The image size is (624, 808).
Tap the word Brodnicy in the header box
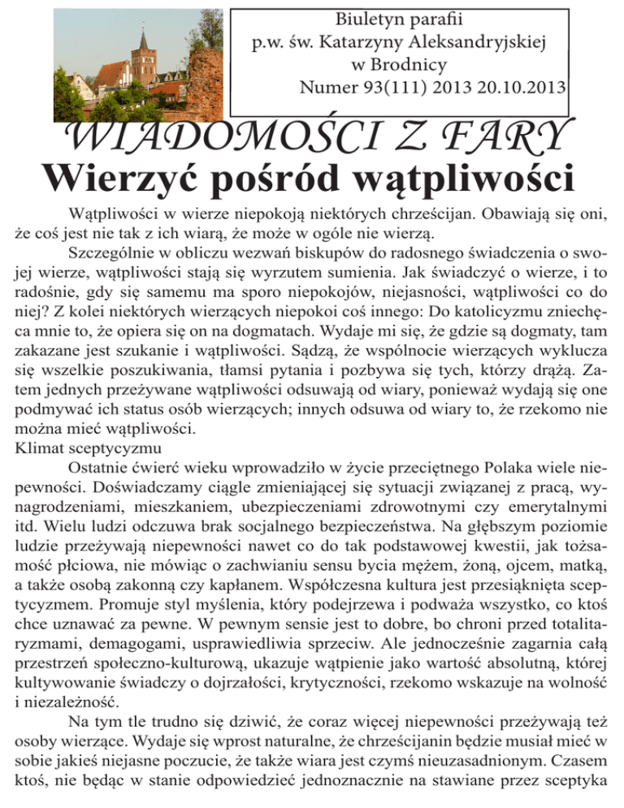410,63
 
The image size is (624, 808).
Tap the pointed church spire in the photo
144,41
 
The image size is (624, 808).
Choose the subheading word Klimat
38,447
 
